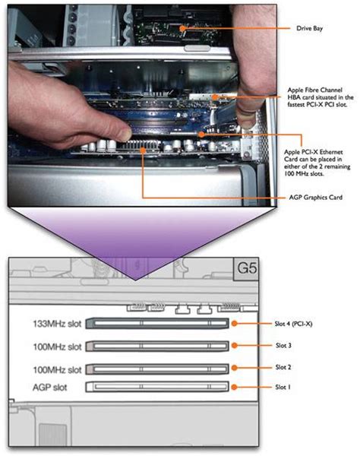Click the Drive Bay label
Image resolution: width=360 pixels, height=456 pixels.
click(x=309, y=28)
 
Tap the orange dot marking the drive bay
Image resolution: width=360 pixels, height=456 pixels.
click(x=182, y=28)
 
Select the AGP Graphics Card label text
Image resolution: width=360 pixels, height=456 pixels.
click(x=315, y=198)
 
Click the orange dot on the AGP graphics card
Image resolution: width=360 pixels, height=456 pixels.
click(x=143, y=150)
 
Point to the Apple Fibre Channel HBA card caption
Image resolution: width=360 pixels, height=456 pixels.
click(x=321, y=97)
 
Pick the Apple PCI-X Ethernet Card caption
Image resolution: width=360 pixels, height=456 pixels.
click(x=317, y=163)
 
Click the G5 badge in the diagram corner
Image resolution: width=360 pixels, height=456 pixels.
click(x=247, y=268)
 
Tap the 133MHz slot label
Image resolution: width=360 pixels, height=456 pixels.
click(x=57, y=324)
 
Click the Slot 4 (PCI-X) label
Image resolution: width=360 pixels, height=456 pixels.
click(x=293, y=324)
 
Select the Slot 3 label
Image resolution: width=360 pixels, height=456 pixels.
click(x=283, y=345)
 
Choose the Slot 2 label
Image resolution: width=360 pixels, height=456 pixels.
click(x=283, y=367)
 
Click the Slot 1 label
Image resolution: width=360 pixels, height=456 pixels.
click(x=283, y=387)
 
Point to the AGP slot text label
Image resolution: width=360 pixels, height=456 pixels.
click(x=49, y=388)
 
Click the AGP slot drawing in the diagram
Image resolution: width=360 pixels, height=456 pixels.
click(x=157, y=387)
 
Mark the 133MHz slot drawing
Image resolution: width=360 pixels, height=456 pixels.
click(x=157, y=324)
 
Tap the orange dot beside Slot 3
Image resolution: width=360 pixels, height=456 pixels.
click(x=235, y=346)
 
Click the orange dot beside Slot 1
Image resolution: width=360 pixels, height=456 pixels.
click(x=235, y=387)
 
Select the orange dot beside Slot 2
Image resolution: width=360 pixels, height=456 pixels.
click(x=235, y=368)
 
